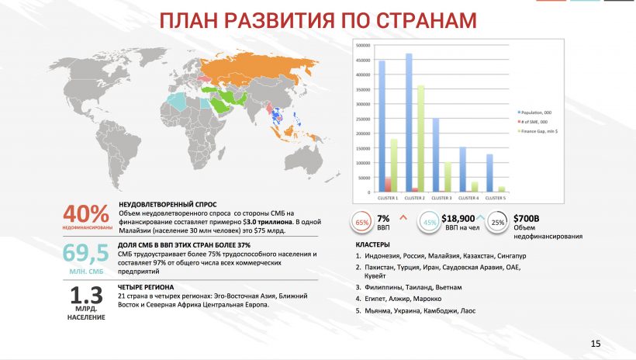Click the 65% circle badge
pyautogui.click(x=361, y=223)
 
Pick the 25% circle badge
pyautogui.click(x=498, y=223)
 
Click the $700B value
pyautogui.click(x=527, y=218)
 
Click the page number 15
pyautogui.click(x=596, y=344)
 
